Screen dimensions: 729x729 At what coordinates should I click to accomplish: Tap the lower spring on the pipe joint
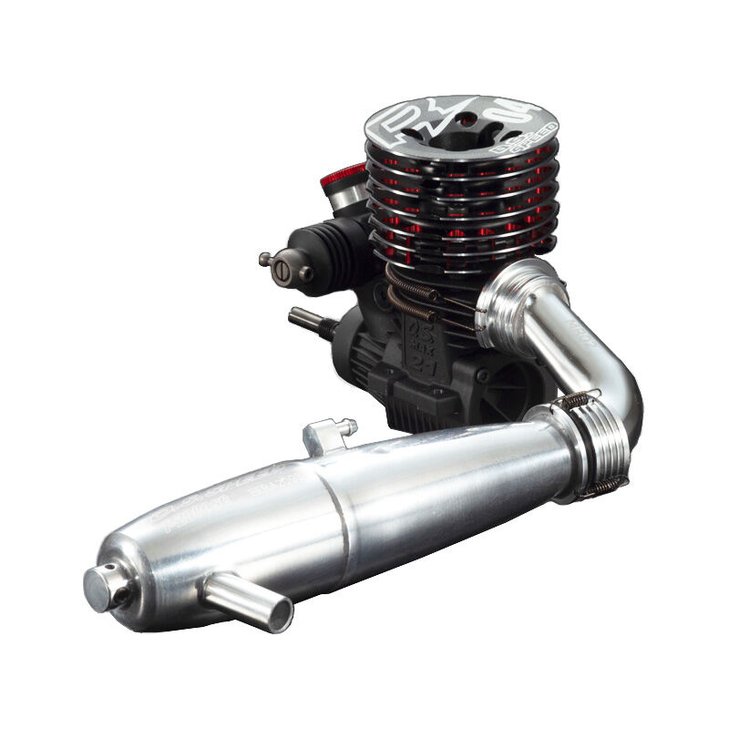click(x=602, y=488)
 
